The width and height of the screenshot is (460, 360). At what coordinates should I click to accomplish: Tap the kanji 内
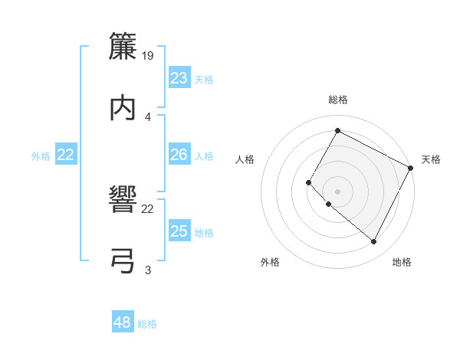[123, 107]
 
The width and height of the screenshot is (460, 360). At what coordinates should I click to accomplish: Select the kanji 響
[123, 201]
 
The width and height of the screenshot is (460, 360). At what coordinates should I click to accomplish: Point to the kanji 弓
[123, 260]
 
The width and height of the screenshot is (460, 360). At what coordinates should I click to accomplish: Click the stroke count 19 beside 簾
[148, 55]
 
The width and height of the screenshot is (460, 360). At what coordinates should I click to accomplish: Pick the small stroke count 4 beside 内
[148, 116]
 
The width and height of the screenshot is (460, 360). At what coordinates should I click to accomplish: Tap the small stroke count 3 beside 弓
[148, 269]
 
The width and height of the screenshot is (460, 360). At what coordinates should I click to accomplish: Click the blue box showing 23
[179, 78]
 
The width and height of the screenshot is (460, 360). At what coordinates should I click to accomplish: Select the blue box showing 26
[179, 155]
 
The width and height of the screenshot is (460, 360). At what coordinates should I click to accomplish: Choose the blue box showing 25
[179, 231]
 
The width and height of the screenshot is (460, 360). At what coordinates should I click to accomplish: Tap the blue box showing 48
[123, 322]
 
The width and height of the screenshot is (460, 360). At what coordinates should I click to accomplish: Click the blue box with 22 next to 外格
[66, 155]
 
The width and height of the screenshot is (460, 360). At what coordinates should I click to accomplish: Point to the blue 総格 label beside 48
[147, 324]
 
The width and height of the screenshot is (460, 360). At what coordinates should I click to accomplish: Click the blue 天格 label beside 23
[204, 80]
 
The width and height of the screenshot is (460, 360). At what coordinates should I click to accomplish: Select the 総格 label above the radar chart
[338, 100]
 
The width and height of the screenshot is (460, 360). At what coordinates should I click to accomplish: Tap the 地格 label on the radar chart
[402, 263]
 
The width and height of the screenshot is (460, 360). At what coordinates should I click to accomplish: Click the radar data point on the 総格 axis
[337, 131]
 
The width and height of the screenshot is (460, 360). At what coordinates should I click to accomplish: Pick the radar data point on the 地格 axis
[374, 242]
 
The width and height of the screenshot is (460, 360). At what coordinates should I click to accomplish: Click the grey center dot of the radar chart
[337, 191]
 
